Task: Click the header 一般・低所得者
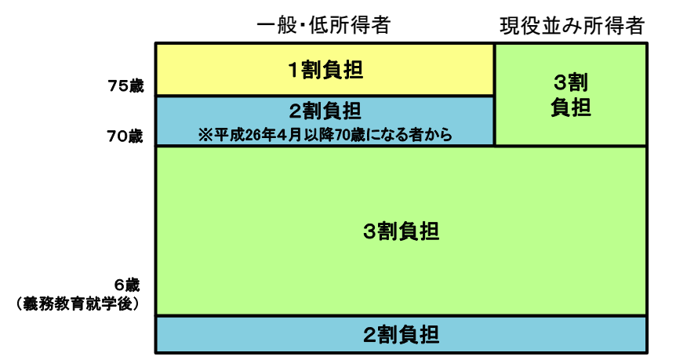point(324,26)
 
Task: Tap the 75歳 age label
point(125,86)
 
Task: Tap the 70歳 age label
point(125,136)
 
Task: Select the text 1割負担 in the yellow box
point(325,70)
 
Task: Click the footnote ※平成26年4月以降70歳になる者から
point(325,135)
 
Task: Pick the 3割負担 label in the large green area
point(402,231)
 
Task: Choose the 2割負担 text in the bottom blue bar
point(402,335)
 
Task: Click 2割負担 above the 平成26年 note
point(325,110)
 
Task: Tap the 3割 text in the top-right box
point(570,82)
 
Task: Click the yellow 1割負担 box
point(235,70)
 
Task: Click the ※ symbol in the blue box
point(205,135)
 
